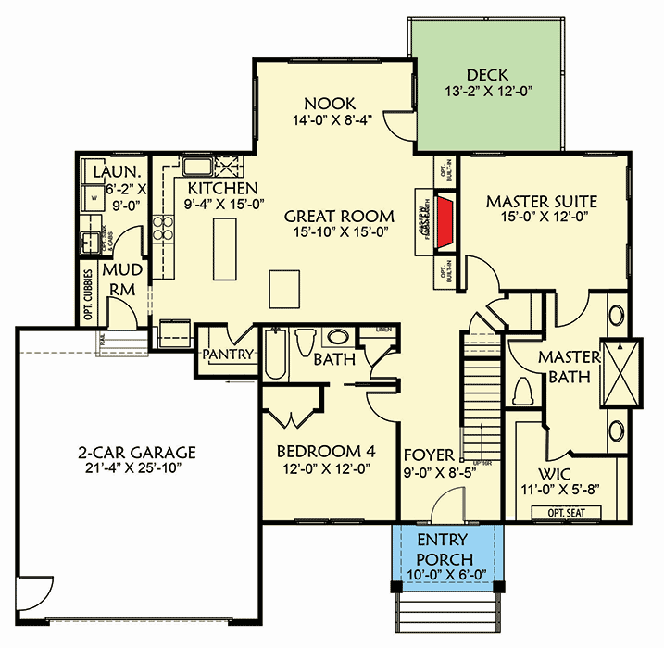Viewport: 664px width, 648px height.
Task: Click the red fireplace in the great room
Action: [x=445, y=223]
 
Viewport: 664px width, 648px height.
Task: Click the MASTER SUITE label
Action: [x=542, y=201]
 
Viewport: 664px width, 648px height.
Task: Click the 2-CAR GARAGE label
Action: [x=136, y=453]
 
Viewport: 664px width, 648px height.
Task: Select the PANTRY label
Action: [x=221, y=354]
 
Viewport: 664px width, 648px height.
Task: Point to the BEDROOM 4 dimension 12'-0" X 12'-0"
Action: [x=327, y=468]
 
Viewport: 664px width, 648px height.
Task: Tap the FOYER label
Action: [x=430, y=455]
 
